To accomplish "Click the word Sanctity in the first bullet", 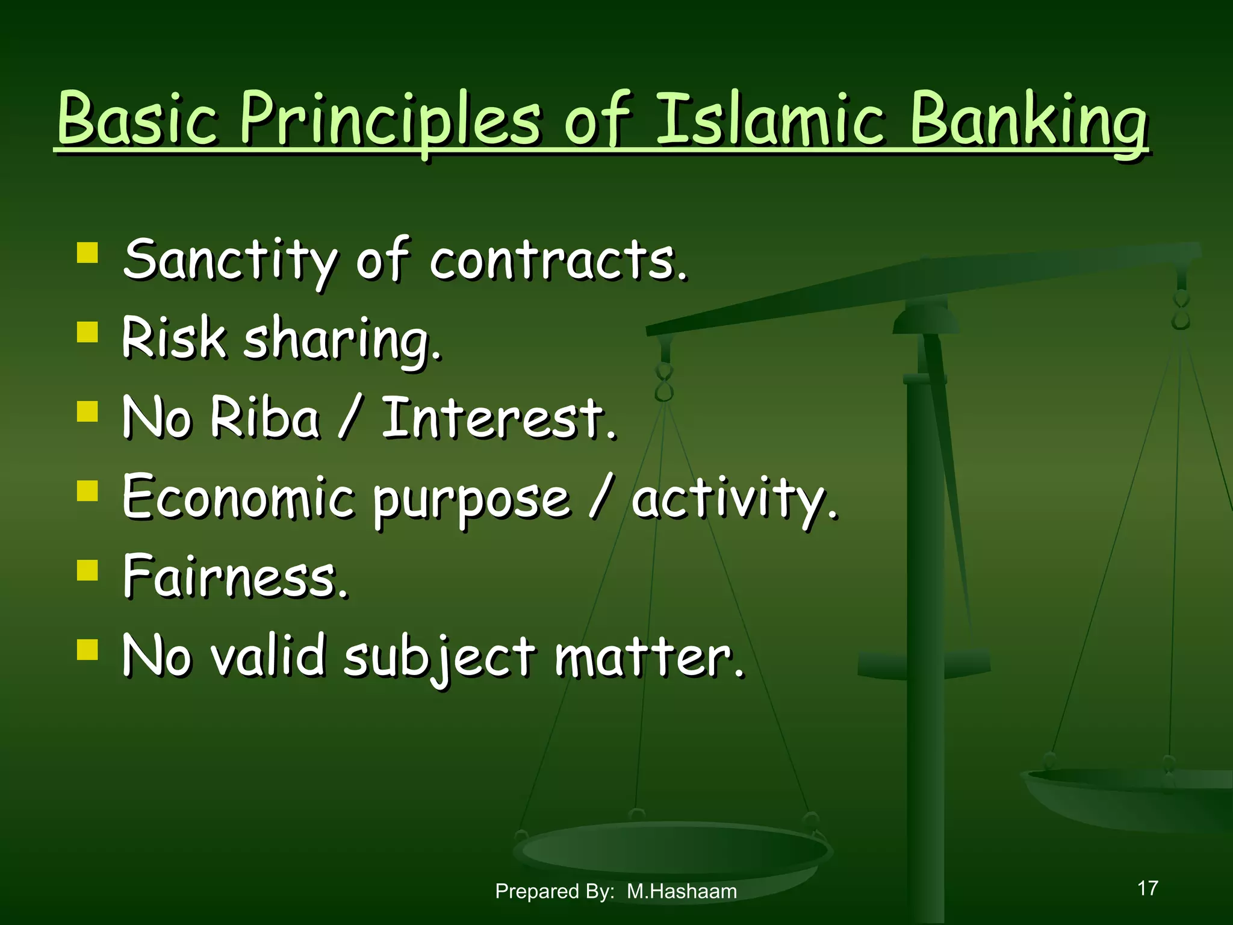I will (229, 260).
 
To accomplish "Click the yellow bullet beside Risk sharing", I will (88, 331).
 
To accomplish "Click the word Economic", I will (238, 497).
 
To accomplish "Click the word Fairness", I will (235, 576).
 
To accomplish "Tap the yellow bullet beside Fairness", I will (88, 569).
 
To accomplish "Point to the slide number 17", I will (1148, 888).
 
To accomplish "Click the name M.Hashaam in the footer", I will (682, 891).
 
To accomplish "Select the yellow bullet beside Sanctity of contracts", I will (88, 252).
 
